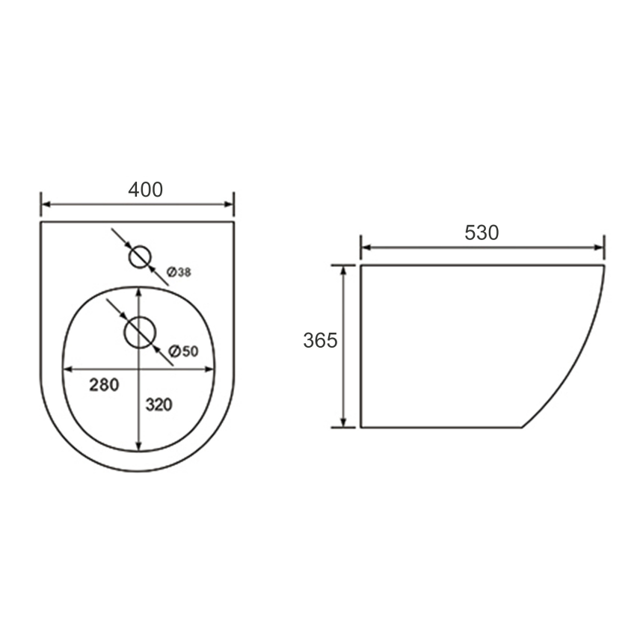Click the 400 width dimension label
146,190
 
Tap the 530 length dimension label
482,233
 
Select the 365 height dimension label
320,340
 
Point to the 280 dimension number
104,384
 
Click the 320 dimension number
159,404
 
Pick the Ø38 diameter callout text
179,272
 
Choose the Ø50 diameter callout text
184,351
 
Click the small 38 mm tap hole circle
141,246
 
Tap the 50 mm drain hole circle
141,318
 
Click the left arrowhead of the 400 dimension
46,204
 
